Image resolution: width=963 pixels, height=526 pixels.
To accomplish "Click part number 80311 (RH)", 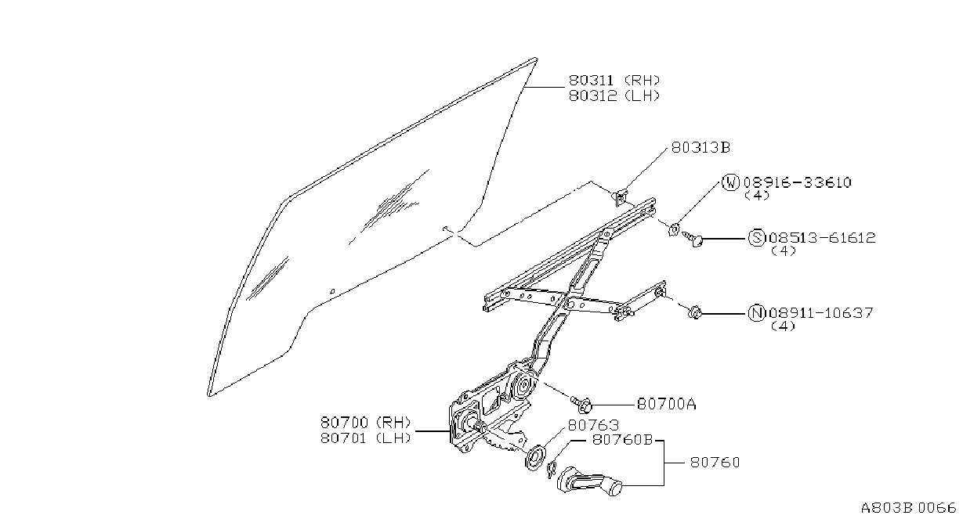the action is click(x=614, y=81).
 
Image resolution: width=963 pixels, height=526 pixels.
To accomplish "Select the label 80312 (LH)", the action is click(x=614, y=95).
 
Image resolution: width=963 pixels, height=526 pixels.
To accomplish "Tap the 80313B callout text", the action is click(x=701, y=148).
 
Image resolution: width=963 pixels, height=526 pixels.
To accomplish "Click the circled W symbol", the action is click(x=730, y=182).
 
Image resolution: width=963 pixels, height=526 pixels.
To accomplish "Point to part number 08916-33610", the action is click(x=798, y=182).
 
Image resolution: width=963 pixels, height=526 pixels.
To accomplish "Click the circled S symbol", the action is click(x=757, y=237).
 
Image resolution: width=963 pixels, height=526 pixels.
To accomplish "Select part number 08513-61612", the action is click(x=823, y=237).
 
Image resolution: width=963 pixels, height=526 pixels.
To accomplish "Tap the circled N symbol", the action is click(x=757, y=312).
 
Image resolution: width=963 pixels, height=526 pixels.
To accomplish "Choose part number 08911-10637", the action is click(x=821, y=312).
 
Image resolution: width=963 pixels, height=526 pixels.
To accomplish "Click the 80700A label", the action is click(x=666, y=404).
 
